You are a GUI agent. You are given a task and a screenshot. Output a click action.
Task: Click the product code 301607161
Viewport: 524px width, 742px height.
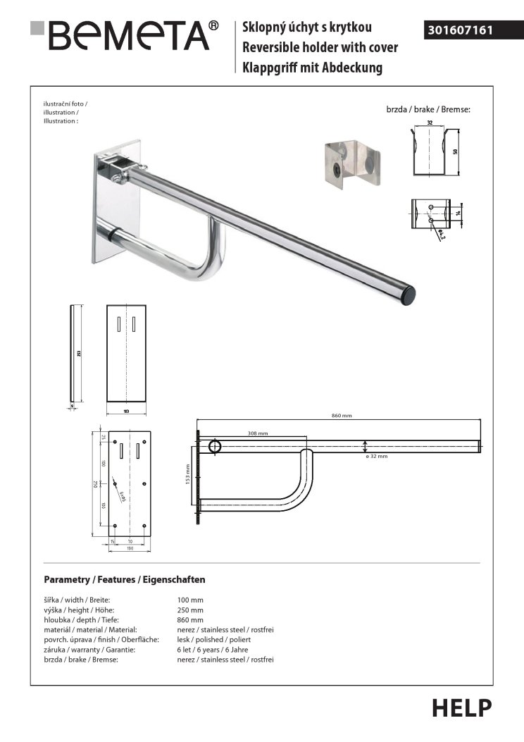coord(460,30)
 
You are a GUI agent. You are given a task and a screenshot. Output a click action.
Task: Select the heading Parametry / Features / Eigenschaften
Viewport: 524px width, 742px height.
coord(124,579)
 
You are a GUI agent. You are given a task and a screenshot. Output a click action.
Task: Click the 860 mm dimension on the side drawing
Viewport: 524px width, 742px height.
coord(341,416)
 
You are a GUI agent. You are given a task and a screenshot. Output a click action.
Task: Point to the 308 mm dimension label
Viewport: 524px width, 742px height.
coord(258,433)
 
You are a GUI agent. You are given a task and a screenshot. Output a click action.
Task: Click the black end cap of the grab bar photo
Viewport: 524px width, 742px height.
coord(408,295)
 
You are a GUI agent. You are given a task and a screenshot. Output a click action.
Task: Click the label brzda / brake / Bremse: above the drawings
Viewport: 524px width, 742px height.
coord(428,111)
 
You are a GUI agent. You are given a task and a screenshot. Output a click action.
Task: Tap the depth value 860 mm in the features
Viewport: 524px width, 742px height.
coord(190,619)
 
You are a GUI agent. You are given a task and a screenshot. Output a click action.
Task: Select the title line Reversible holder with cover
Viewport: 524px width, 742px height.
coord(320,47)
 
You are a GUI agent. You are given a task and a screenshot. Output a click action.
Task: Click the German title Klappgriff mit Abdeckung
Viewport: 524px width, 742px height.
coord(312,68)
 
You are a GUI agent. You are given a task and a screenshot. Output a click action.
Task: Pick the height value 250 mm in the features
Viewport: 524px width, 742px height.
coord(190,610)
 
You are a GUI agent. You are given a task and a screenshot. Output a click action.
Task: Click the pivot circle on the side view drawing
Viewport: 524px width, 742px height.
coord(214,446)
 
